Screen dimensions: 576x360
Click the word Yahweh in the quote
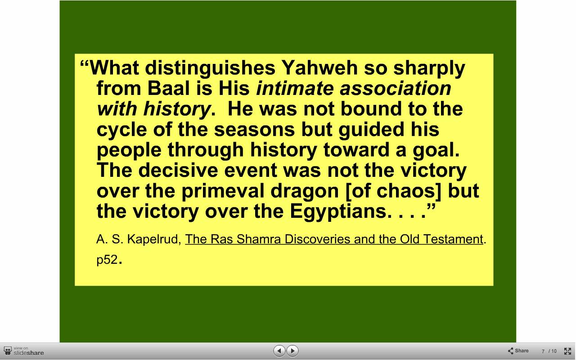click(x=319, y=68)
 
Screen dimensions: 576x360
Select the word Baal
click(x=168, y=88)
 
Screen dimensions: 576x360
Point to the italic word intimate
click(x=295, y=88)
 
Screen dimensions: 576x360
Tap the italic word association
click(x=396, y=88)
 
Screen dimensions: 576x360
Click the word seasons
click(x=254, y=129)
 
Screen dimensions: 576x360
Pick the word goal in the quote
click(x=436, y=150)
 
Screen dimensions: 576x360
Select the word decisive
click(x=178, y=170)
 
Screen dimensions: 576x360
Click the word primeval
click(x=223, y=191)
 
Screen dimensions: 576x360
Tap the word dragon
click(x=305, y=191)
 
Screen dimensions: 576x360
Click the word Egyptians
click(x=338, y=211)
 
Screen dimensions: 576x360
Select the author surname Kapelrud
click(x=154, y=239)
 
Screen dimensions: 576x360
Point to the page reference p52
click(x=107, y=260)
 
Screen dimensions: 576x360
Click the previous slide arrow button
click(x=279, y=351)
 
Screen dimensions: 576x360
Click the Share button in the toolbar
click(x=518, y=351)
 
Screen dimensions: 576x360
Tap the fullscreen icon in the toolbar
click(x=567, y=351)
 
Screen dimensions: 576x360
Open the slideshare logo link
click(x=24, y=351)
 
